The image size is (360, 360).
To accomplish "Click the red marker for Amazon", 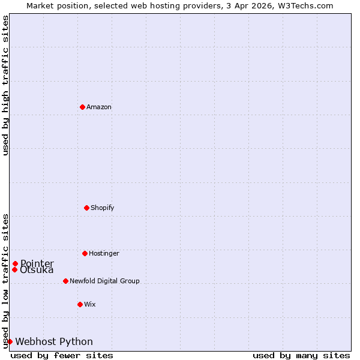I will (82, 107).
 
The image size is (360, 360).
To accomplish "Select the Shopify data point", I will (86, 208).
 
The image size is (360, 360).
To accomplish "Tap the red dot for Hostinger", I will (85, 253).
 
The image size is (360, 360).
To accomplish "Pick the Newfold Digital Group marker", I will (65, 281).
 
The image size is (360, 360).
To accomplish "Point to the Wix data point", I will (80, 304).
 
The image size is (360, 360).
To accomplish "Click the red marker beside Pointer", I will (15, 263).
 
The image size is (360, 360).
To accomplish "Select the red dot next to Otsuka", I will (14, 269).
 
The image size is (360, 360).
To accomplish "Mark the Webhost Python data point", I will (10, 341).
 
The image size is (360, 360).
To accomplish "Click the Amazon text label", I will (99, 107).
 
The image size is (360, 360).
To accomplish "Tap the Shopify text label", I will (103, 208).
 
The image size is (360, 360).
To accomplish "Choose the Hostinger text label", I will (104, 253).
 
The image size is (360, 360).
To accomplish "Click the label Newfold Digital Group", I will (104, 281).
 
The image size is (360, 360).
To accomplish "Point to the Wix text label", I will (90, 304).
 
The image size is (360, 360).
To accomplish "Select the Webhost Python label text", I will (54, 341).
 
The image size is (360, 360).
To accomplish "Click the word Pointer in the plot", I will (37, 263).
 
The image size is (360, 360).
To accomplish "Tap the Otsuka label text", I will (37, 270).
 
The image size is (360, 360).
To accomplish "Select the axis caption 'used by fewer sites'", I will (62, 355).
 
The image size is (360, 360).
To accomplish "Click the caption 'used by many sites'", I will (301, 355).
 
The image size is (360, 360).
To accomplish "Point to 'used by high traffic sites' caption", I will (5, 85).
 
